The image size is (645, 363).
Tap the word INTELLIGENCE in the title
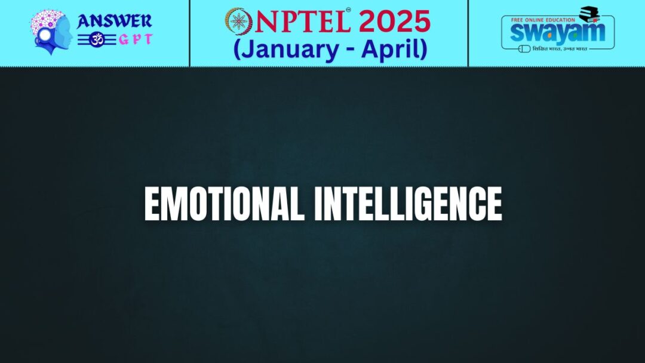click(408, 205)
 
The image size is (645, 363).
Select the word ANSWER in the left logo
click(114, 21)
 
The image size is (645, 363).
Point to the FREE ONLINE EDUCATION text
click(543, 19)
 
